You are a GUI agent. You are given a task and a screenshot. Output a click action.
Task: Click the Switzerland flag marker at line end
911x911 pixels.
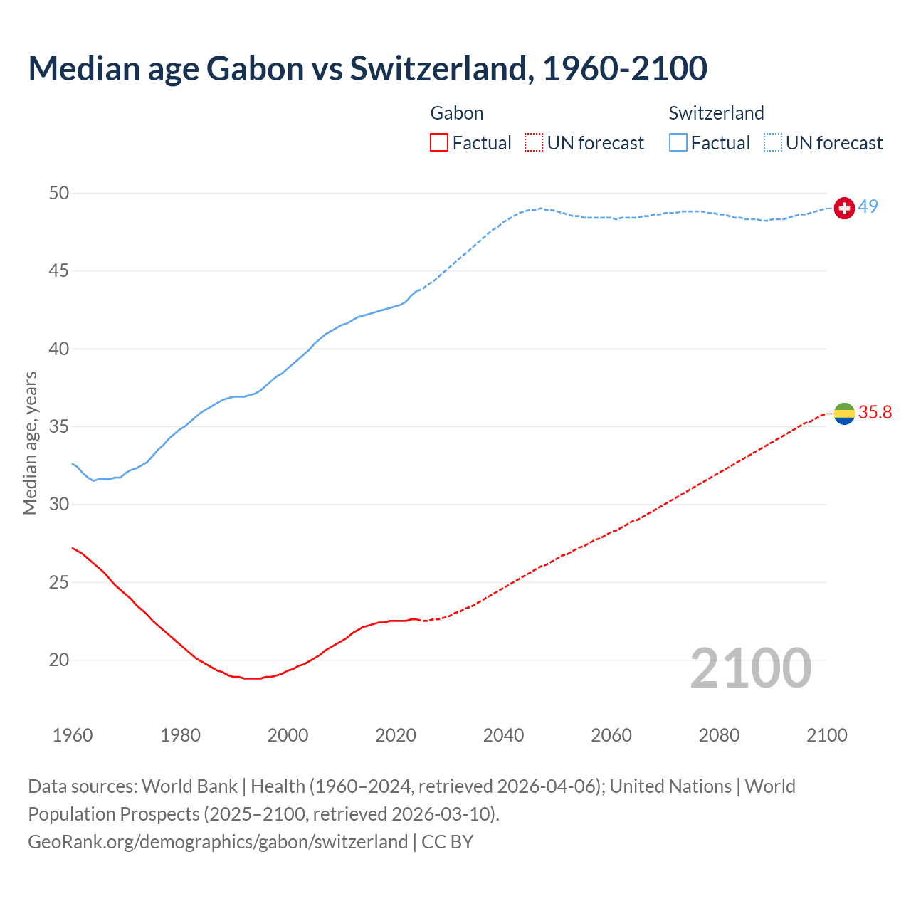tap(844, 208)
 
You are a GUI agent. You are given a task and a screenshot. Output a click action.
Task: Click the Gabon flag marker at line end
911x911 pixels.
tap(844, 413)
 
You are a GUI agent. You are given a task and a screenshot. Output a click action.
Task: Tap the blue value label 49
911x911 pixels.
tap(868, 206)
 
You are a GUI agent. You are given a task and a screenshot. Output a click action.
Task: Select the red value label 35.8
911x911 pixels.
tap(875, 413)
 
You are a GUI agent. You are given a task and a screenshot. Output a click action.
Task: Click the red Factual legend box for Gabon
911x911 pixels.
tap(439, 143)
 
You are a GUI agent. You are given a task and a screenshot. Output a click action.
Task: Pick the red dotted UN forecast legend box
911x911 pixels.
tap(534, 143)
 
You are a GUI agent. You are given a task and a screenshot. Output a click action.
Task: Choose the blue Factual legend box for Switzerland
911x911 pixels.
tap(678, 143)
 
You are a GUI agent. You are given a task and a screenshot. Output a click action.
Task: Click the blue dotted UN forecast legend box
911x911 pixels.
tap(773, 143)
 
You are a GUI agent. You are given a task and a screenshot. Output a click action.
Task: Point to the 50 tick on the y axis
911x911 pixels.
tap(59, 194)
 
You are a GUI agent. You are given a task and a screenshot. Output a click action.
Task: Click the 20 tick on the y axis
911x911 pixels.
tap(59, 660)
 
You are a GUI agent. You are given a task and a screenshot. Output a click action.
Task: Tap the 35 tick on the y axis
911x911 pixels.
tap(59, 427)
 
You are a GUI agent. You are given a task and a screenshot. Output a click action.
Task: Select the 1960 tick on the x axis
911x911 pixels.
tap(73, 735)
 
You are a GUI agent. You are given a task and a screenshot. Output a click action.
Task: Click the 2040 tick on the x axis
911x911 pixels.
tap(503, 735)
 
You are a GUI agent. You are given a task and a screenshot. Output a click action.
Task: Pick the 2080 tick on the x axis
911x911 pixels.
tap(719, 735)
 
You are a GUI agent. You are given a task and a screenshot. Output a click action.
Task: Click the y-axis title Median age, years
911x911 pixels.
tap(30, 443)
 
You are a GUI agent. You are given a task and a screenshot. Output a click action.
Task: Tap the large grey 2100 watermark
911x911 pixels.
tap(750, 668)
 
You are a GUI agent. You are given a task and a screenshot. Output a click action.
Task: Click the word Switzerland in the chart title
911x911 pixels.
tap(441, 68)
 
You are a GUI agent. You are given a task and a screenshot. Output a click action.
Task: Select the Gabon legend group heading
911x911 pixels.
tap(457, 113)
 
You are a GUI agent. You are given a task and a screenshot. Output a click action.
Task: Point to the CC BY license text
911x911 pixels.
tap(448, 842)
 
